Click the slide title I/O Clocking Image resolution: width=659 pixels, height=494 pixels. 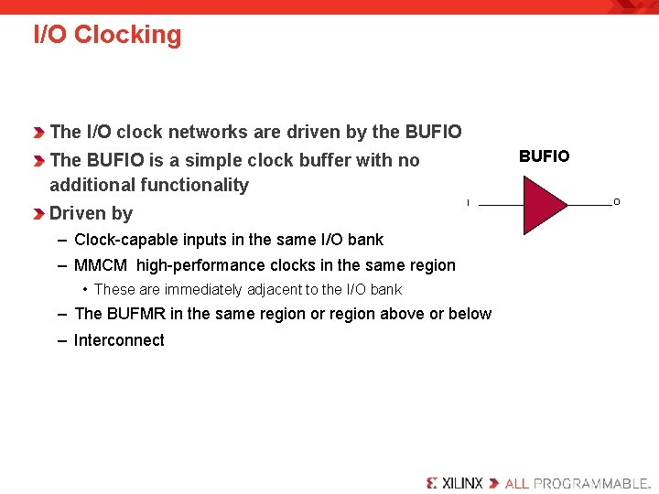click(x=107, y=35)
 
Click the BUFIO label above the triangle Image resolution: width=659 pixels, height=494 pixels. click(x=544, y=156)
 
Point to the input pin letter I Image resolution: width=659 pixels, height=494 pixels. click(x=468, y=202)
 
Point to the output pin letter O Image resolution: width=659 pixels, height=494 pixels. click(x=616, y=202)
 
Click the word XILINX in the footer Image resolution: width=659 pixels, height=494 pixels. click(x=462, y=482)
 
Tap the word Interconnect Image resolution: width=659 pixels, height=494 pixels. click(x=119, y=340)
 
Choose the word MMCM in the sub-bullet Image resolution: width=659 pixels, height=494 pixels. click(x=101, y=265)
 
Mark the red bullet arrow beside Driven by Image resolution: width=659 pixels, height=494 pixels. click(x=39, y=214)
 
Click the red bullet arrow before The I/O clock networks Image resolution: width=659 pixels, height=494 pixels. click(x=39, y=133)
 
